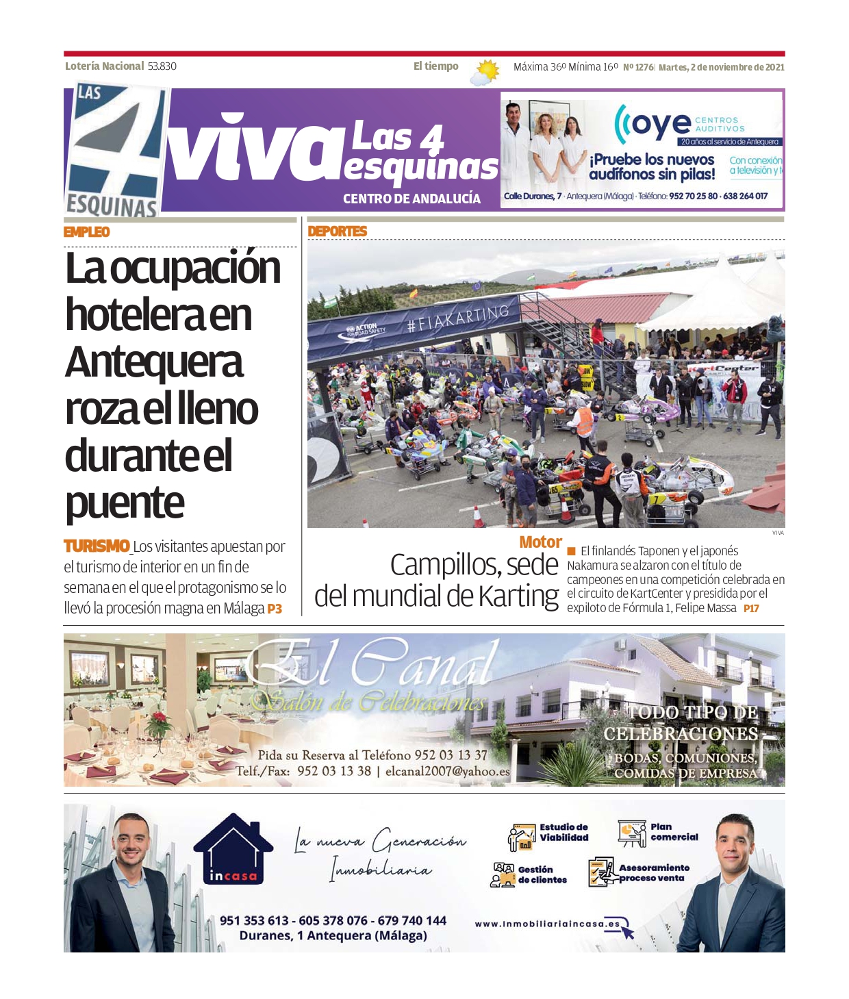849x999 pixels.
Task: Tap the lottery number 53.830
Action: tap(162, 66)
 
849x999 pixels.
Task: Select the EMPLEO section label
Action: tap(86, 232)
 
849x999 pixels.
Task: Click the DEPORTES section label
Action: tap(337, 231)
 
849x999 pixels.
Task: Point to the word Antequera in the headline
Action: tap(154, 362)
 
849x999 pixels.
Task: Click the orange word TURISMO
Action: tap(97, 546)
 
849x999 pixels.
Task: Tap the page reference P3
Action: tap(275, 609)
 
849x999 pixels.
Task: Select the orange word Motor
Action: tap(540, 542)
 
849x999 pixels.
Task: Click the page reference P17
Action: tap(751, 608)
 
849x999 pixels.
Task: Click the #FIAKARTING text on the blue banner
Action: tap(458, 318)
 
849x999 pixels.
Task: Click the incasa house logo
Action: tap(233, 849)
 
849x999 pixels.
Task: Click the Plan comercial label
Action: tap(674, 832)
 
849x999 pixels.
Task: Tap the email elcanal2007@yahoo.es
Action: tap(447, 771)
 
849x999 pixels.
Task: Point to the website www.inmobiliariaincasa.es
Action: tap(547, 924)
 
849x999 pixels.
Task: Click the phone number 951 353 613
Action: tap(254, 921)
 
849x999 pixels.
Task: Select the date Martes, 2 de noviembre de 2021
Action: tap(721, 67)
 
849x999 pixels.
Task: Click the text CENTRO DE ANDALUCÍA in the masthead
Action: tap(411, 199)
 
